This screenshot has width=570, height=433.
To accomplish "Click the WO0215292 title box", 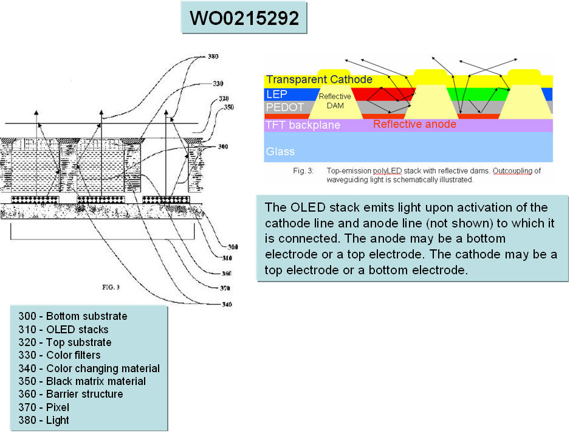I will [x=244, y=18].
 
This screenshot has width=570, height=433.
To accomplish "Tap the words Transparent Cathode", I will [x=319, y=80].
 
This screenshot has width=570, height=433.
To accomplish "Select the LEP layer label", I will [x=276, y=94].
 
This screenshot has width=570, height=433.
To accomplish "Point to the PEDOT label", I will [x=284, y=108].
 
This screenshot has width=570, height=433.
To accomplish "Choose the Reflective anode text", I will [x=414, y=124].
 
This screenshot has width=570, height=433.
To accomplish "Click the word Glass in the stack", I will [x=280, y=151].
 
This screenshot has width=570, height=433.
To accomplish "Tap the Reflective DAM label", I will [x=335, y=101].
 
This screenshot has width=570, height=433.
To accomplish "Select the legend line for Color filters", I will [x=60, y=355].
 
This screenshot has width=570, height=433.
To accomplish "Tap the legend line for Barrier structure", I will [x=70, y=394].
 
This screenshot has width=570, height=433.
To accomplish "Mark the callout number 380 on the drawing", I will [x=212, y=57].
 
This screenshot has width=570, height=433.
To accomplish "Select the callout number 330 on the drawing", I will [x=218, y=83].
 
